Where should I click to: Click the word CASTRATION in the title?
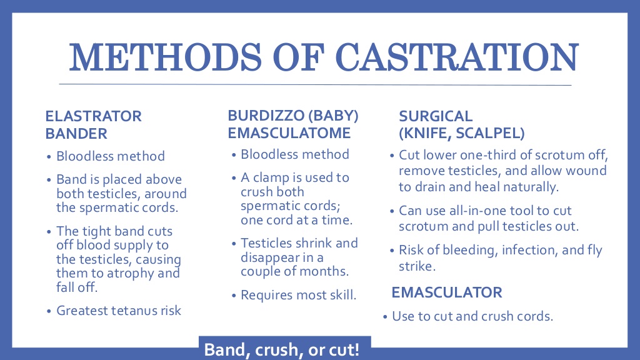coord(457,57)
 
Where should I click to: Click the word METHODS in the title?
coord(165,57)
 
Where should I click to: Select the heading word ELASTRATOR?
coord(94,116)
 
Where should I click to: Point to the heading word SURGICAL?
coord(436,116)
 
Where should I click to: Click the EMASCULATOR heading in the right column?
coord(447,292)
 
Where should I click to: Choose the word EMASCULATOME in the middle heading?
coord(289,133)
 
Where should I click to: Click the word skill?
coord(343,295)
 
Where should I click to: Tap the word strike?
coord(417,266)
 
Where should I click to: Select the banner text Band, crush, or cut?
coord(282,350)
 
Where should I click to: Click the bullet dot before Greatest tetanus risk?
coord(49,311)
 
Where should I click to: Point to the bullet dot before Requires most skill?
coord(234,296)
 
